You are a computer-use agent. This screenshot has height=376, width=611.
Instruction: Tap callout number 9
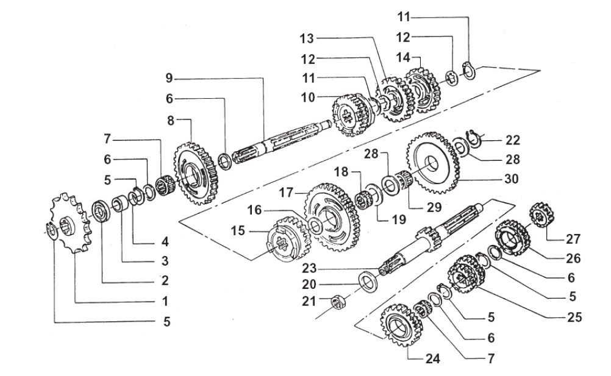click(169, 78)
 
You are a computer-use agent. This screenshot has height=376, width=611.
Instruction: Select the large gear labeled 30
click(432, 163)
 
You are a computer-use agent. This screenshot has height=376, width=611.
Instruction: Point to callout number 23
click(309, 269)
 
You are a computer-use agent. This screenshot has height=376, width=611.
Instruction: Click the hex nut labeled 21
click(337, 302)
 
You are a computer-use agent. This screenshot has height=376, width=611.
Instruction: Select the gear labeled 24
click(399, 325)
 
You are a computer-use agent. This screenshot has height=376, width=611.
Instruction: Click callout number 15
click(238, 231)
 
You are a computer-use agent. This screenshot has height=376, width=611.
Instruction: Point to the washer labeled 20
click(368, 282)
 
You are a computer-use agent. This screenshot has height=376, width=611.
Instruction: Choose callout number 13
click(307, 38)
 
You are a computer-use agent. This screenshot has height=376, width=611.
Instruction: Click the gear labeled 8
click(195, 173)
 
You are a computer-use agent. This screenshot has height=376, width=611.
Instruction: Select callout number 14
click(403, 58)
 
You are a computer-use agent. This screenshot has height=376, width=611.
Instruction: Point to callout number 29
click(434, 207)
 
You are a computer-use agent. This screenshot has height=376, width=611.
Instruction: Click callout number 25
click(574, 317)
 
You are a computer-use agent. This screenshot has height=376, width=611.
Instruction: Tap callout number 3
click(165, 261)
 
